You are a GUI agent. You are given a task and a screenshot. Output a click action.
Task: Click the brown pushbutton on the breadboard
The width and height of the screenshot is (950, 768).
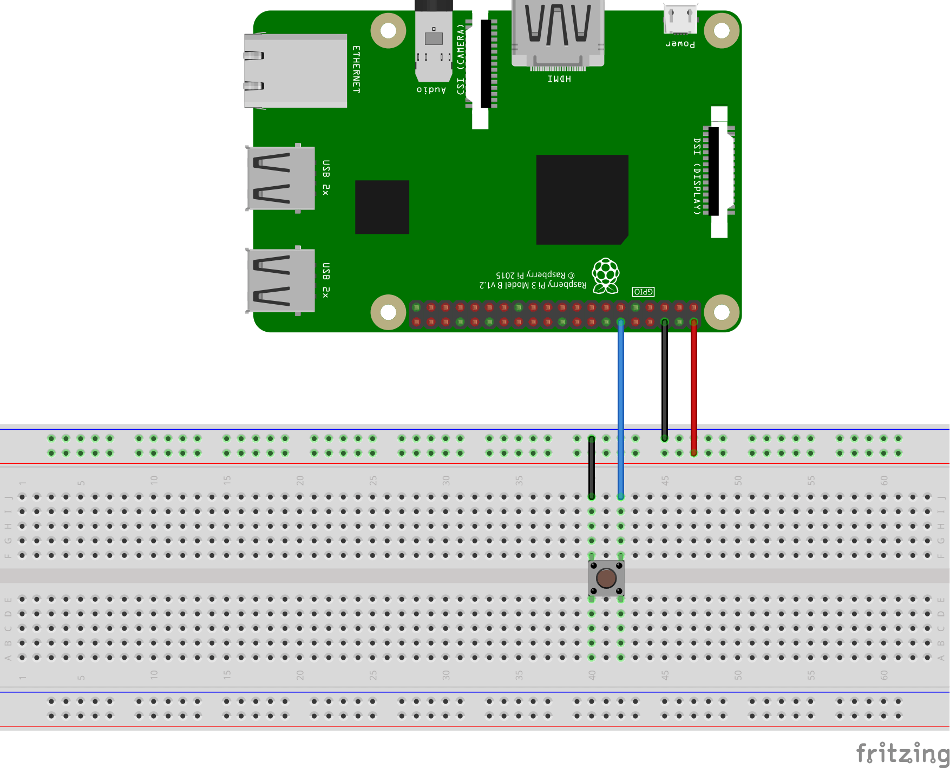point(606,578)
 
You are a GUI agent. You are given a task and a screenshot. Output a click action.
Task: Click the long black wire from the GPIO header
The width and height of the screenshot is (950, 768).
point(665,379)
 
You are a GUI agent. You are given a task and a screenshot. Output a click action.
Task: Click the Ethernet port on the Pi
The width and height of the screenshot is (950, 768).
point(295,71)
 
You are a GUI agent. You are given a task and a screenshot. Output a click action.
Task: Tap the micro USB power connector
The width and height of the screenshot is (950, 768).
point(680,19)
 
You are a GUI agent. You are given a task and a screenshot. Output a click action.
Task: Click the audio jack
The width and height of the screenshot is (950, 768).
point(434,43)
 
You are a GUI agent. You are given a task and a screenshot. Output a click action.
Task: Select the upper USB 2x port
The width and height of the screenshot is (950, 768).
point(280,178)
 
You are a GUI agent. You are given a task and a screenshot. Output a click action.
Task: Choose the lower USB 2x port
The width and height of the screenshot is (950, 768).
point(280,280)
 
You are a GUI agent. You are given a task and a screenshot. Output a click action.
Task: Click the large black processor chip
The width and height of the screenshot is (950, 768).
point(582,199)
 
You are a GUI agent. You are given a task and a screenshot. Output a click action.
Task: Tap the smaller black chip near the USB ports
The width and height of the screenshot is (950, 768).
point(382,207)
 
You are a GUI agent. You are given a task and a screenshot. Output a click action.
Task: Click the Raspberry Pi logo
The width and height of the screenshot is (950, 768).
point(605,275)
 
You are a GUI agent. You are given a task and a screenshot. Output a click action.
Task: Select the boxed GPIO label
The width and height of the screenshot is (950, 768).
point(643,292)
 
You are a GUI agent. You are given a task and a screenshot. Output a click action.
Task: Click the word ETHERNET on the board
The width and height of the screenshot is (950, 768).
point(356,69)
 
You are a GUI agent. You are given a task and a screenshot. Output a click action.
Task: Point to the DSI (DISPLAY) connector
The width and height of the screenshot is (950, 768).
point(719,172)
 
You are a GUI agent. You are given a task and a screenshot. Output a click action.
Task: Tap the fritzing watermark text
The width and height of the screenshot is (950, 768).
point(902,753)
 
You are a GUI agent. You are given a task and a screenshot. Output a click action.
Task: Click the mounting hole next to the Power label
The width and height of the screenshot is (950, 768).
point(722,30)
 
